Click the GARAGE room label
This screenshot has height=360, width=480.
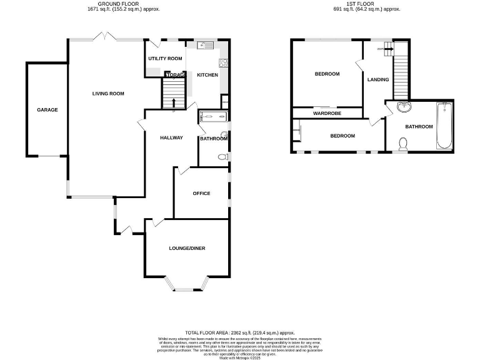pyautogui.click(x=47, y=110)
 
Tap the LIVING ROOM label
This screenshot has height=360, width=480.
pyautogui.click(x=108, y=94)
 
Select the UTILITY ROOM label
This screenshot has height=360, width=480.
pyautogui.click(x=165, y=59)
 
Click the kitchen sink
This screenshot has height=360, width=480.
pyautogui.click(x=204, y=46)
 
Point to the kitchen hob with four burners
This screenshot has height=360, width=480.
pyautogui.click(x=223, y=62)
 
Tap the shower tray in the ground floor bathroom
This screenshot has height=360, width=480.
pyautogui.click(x=212, y=116)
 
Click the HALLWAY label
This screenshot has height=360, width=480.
pyautogui.click(x=171, y=137)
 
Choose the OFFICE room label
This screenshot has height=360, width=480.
pyautogui.click(x=201, y=193)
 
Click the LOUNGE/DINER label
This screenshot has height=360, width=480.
pyautogui.click(x=187, y=248)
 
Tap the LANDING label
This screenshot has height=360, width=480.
pyautogui.click(x=378, y=79)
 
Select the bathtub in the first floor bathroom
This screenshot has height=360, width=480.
pyautogui.click(x=444, y=125)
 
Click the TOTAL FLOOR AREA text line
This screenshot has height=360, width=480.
pyautogui.click(x=239, y=333)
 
